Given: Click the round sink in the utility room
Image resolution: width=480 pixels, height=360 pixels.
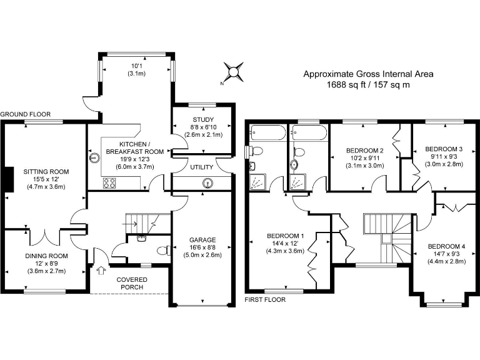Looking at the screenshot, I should click(207, 182).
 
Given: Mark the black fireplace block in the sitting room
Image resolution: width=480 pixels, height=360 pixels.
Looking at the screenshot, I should click(7, 179).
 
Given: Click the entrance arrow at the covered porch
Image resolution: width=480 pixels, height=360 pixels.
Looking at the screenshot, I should click(101, 271).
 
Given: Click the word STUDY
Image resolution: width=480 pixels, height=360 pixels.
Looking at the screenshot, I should click(203, 120).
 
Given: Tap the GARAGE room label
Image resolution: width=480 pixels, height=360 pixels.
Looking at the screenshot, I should click(202, 239).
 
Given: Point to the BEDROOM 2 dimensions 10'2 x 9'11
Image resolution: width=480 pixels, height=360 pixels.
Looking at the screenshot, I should click(364, 158).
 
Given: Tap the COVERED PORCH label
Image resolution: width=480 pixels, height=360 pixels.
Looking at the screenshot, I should click(129, 283).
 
